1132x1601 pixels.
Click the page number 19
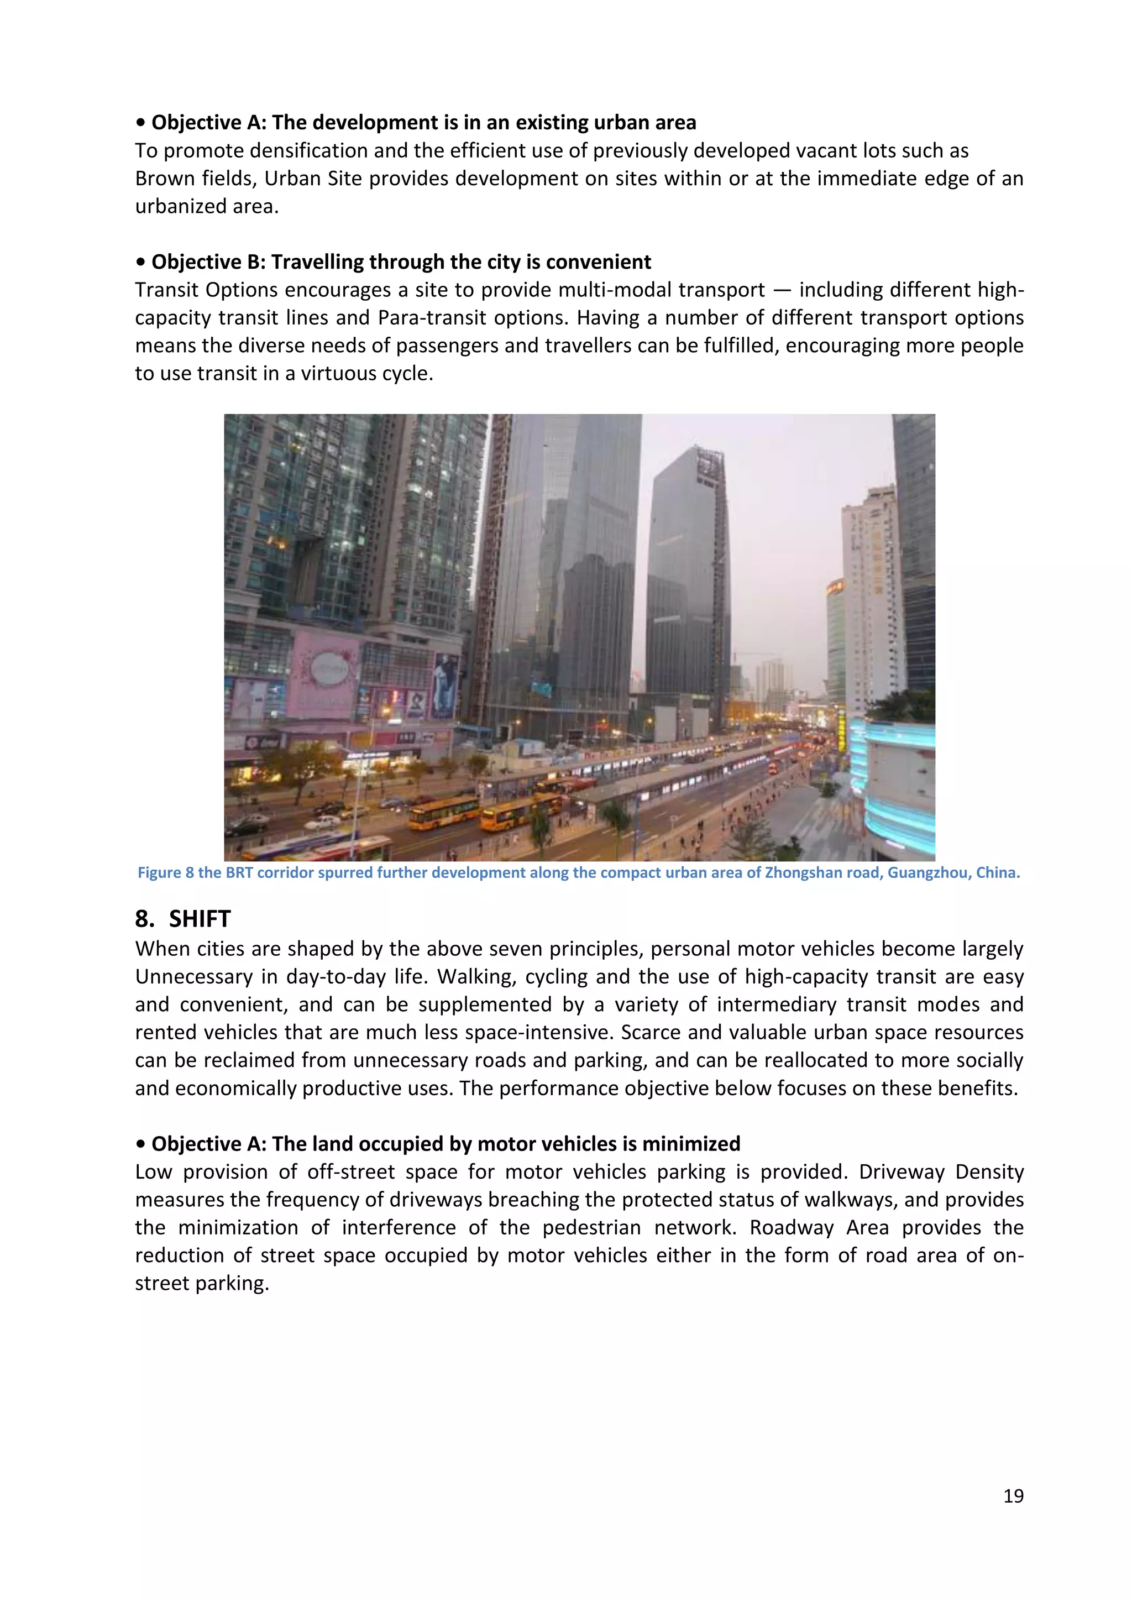point(1013,1496)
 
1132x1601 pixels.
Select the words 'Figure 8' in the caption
point(166,873)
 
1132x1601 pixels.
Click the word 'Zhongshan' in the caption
point(798,873)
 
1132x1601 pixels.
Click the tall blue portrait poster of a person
point(444,685)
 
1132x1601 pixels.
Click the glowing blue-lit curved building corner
point(899,781)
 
